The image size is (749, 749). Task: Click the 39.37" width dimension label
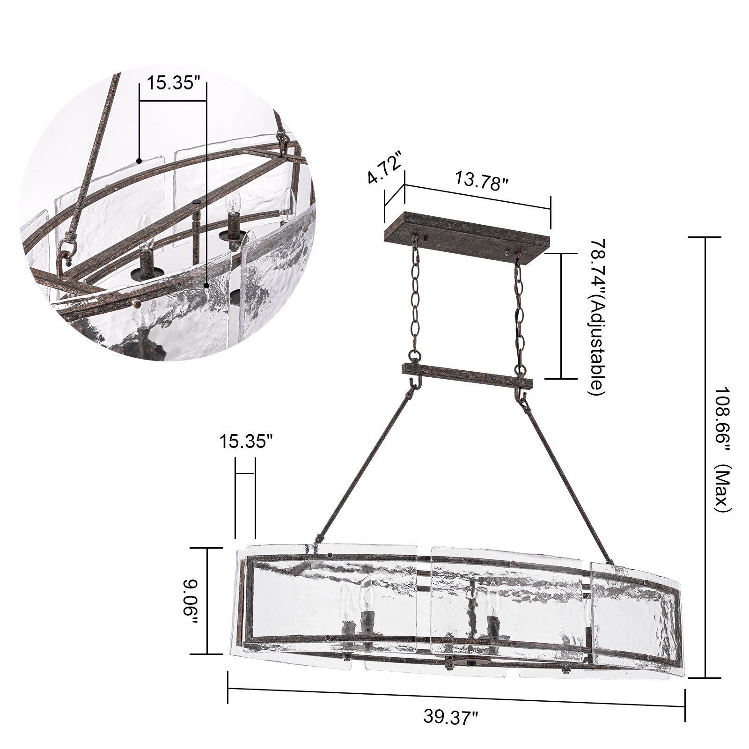[451, 717]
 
